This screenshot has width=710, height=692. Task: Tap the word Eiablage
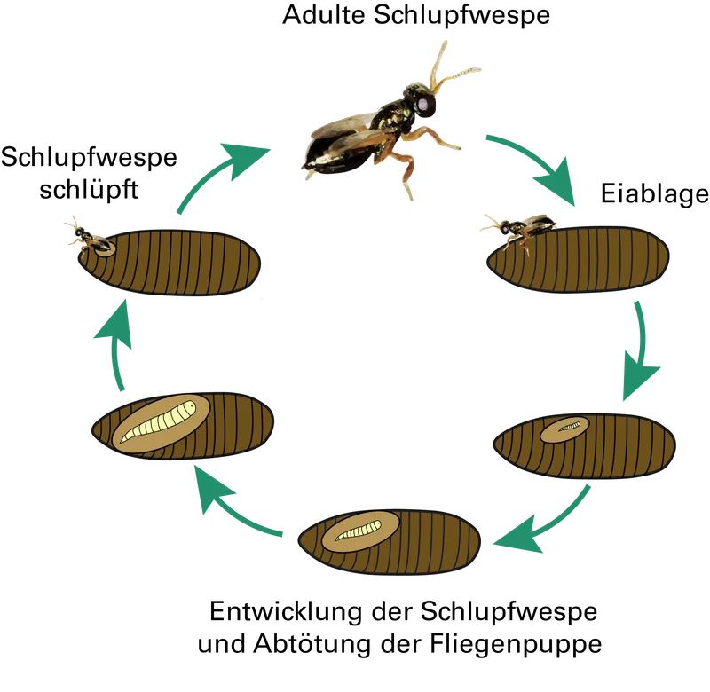pyautogui.click(x=655, y=193)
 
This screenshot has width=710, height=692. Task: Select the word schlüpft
pyautogui.click(x=89, y=190)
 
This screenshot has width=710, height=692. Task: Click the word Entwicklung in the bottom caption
pyautogui.click(x=286, y=611)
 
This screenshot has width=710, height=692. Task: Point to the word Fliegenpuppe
pyautogui.click(x=516, y=643)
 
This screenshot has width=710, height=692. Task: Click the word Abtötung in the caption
pyautogui.click(x=312, y=643)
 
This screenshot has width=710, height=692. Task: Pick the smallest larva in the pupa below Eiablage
pyautogui.click(x=569, y=426)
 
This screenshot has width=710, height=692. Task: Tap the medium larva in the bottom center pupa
pyautogui.click(x=359, y=531)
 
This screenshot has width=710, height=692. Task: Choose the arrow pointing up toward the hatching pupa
pyautogui.click(x=116, y=344)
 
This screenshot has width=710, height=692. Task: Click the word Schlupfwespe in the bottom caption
pyautogui.click(x=509, y=612)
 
